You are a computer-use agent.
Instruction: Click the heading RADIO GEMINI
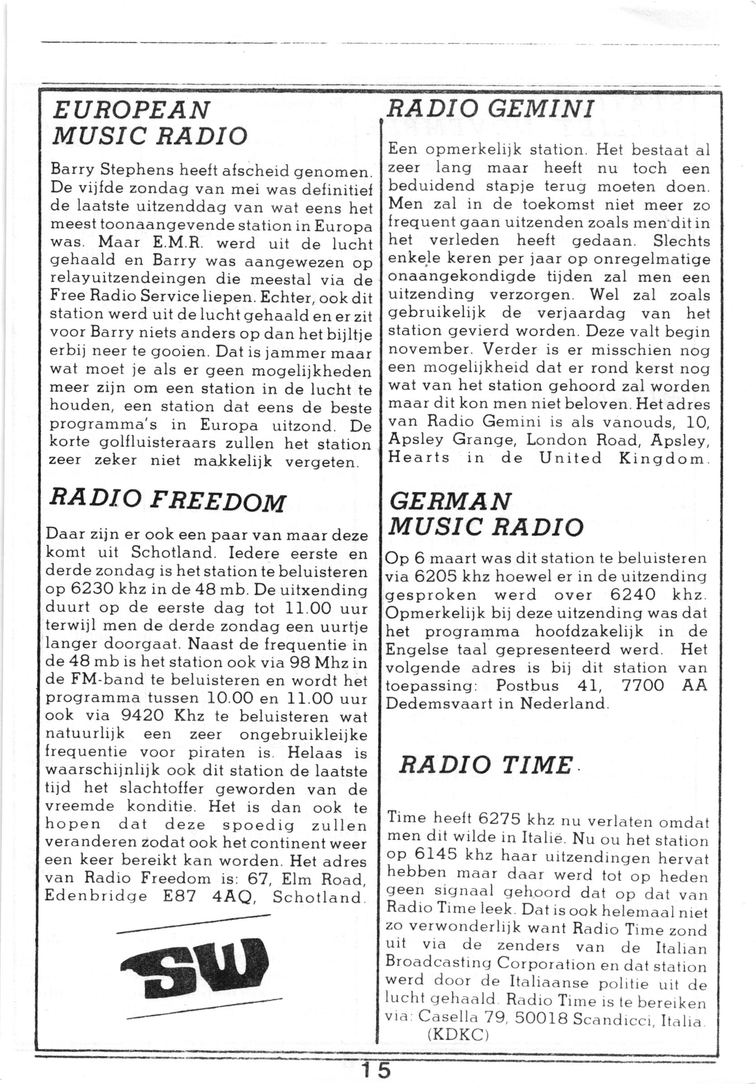point(490,110)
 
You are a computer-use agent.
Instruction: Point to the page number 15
point(376,1070)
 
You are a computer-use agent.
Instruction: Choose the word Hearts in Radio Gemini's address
point(418,458)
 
